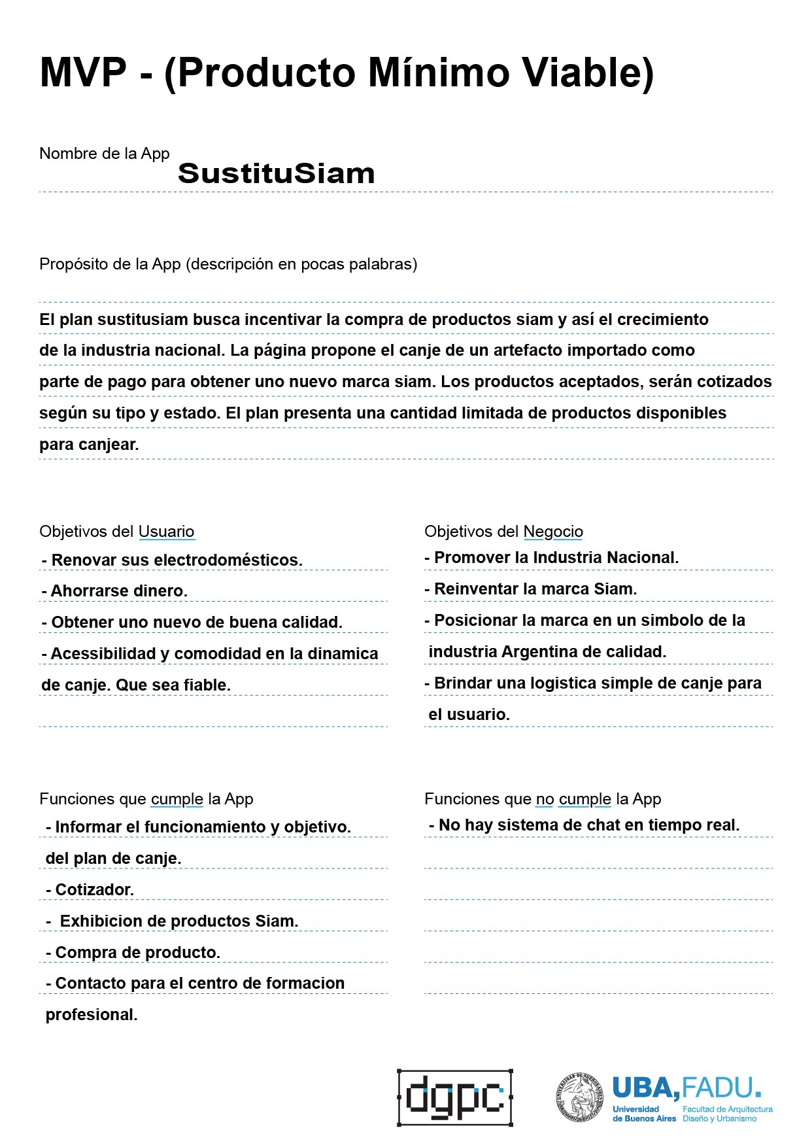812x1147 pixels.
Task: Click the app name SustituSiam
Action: (x=276, y=173)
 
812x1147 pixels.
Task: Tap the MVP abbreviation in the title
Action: (x=83, y=72)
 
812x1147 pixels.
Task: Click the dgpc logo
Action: (x=455, y=1097)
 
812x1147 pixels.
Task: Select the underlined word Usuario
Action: (x=166, y=532)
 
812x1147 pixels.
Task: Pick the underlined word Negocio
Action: (x=553, y=532)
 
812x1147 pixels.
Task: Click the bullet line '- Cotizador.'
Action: (x=90, y=889)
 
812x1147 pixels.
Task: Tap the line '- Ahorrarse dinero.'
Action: (x=114, y=591)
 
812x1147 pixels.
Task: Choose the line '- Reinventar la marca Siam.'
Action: (x=531, y=589)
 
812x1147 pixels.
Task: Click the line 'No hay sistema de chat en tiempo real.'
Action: (x=584, y=825)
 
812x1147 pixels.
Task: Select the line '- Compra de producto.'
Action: (x=133, y=952)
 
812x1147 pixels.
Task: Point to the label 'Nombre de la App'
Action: (x=105, y=154)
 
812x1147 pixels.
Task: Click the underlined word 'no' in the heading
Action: (x=545, y=799)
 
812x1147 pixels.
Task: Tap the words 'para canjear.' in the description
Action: (x=89, y=445)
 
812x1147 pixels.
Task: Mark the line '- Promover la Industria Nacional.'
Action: (x=552, y=558)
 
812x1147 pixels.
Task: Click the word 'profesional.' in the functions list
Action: (x=92, y=1015)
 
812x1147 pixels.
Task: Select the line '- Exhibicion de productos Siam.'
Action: (x=173, y=921)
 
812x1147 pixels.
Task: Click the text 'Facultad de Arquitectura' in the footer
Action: (x=727, y=1109)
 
